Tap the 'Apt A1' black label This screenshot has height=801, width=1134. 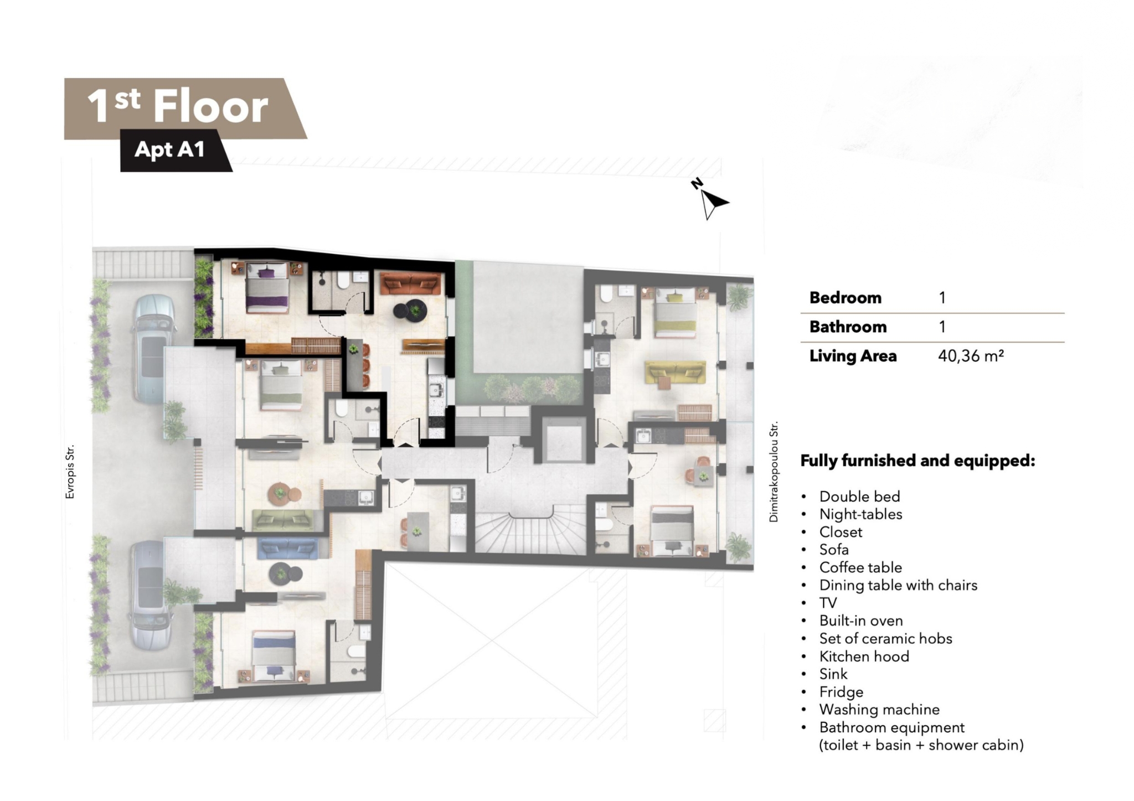point(170,149)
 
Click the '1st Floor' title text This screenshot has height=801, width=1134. point(178,106)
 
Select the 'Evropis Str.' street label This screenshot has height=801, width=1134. point(70,472)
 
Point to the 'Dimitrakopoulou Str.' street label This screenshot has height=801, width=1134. point(774,472)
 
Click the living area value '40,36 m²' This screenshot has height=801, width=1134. point(971,355)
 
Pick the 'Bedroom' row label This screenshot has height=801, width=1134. point(845,298)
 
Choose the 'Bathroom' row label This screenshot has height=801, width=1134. point(848,327)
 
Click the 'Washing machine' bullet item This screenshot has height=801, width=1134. point(879,709)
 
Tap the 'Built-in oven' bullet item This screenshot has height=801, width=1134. point(861,621)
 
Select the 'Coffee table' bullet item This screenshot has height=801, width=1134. point(860,567)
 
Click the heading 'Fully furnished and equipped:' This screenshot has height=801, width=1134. point(917,461)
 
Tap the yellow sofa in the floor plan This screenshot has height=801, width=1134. point(675,373)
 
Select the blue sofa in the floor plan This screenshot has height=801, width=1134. point(287,549)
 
